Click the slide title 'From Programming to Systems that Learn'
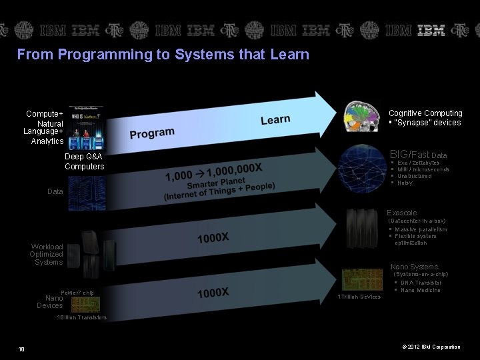tap(163, 55)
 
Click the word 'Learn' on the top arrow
tap(275, 120)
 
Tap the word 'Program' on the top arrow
tap(152, 133)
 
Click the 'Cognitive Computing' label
tap(425, 113)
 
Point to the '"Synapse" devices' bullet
tap(427, 123)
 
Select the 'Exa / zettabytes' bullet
tap(418, 163)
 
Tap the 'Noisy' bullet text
tap(405, 183)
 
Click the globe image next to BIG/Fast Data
tap(360, 169)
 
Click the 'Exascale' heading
tap(401, 213)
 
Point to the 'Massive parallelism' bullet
tap(421, 229)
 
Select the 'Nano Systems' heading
tap(414, 267)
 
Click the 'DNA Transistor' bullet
tap(421, 283)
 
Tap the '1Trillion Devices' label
tap(359, 297)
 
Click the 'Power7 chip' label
tap(77, 293)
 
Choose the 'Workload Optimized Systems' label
tap(47, 254)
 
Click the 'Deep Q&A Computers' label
tap(84, 161)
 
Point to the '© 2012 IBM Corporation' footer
tap(430, 347)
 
